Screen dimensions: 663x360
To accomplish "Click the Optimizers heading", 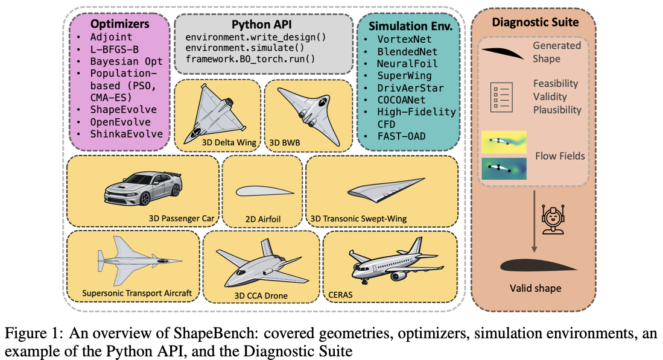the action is click(x=119, y=24).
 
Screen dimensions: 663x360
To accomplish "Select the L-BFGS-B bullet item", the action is click(x=114, y=49).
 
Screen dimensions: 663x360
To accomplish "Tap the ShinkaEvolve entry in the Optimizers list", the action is click(x=126, y=134).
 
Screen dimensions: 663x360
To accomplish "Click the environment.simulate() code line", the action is click(x=245, y=48).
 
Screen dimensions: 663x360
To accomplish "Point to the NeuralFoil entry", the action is click(x=407, y=63).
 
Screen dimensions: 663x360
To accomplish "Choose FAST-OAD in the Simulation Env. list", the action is click(x=401, y=136).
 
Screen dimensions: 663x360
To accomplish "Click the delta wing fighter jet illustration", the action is click(x=215, y=113).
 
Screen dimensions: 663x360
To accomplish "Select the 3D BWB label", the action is click(x=285, y=143).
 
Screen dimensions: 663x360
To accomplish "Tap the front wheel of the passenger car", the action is click(x=145, y=198).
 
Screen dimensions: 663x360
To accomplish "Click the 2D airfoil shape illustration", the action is click(x=264, y=192).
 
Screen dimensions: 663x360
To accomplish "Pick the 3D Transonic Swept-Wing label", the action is click(x=358, y=218).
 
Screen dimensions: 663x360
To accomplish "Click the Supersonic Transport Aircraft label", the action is click(x=137, y=293).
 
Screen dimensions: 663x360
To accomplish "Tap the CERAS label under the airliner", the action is click(x=340, y=295).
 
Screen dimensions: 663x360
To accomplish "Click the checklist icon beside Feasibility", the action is click(x=501, y=97).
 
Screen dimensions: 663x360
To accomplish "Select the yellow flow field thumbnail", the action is click(x=504, y=142).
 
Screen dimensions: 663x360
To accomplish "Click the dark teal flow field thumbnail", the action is click(x=504, y=169).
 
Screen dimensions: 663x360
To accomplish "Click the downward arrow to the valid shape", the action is click(x=534, y=221).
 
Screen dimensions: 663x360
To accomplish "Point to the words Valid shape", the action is click(x=535, y=288).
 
